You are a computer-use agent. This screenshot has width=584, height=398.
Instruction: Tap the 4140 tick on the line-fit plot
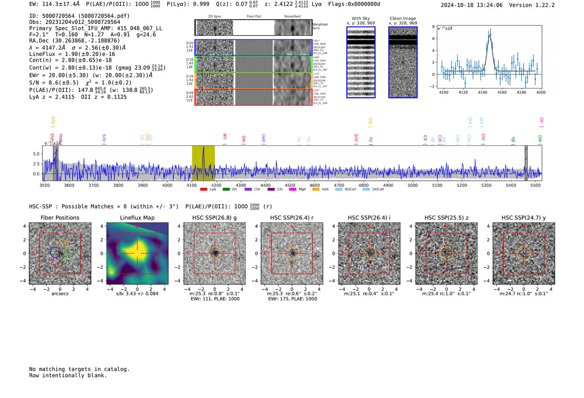point(483,92)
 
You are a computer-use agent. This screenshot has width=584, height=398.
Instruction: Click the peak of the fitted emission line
point(490,35)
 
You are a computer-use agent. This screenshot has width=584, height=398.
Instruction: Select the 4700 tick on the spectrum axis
point(339,185)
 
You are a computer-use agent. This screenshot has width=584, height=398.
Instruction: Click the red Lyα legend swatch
point(204,190)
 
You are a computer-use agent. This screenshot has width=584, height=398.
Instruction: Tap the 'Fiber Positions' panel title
point(60,218)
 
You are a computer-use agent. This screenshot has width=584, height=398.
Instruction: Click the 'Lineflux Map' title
point(137,218)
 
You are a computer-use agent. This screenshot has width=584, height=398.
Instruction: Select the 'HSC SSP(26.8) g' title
point(214,218)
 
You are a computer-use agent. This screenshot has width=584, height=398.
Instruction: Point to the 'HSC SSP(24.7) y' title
point(524,218)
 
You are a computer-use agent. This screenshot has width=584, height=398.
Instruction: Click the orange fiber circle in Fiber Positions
point(63,245)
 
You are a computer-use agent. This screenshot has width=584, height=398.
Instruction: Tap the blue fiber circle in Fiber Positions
point(55,252)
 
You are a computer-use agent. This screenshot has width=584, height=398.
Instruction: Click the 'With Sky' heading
point(360,18)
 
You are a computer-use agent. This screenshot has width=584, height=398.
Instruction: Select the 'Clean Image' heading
point(403,18)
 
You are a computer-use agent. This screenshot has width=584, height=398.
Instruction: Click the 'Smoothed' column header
point(292,17)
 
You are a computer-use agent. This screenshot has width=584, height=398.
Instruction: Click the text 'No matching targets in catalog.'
point(79,369)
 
